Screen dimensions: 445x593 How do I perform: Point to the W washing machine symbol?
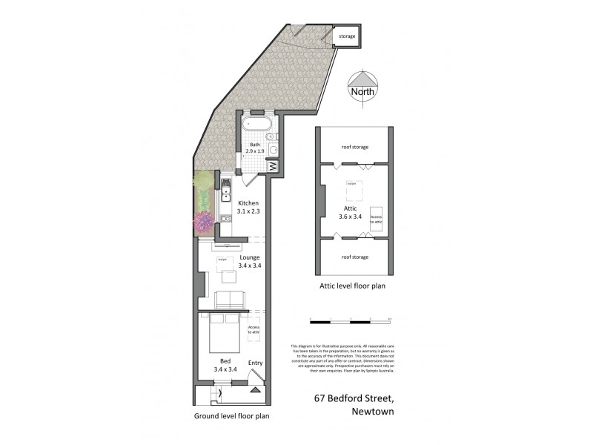(x=272, y=167)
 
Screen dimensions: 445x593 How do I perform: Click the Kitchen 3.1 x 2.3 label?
(x=248, y=208)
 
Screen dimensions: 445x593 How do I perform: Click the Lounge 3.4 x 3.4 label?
(x=248, y=261)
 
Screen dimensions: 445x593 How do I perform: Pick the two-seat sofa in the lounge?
(x=230, y=300)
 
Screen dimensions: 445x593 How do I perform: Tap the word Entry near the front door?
(x=255, y=363)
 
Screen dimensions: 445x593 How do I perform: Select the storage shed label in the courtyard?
(x=347, y=36)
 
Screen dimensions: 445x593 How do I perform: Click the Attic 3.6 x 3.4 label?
(x=351, y=213)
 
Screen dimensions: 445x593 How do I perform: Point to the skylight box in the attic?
(x=352, y=191)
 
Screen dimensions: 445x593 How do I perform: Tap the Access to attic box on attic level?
(x=376, y=218)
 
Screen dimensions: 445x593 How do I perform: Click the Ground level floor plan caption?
(x=231, y=416)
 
